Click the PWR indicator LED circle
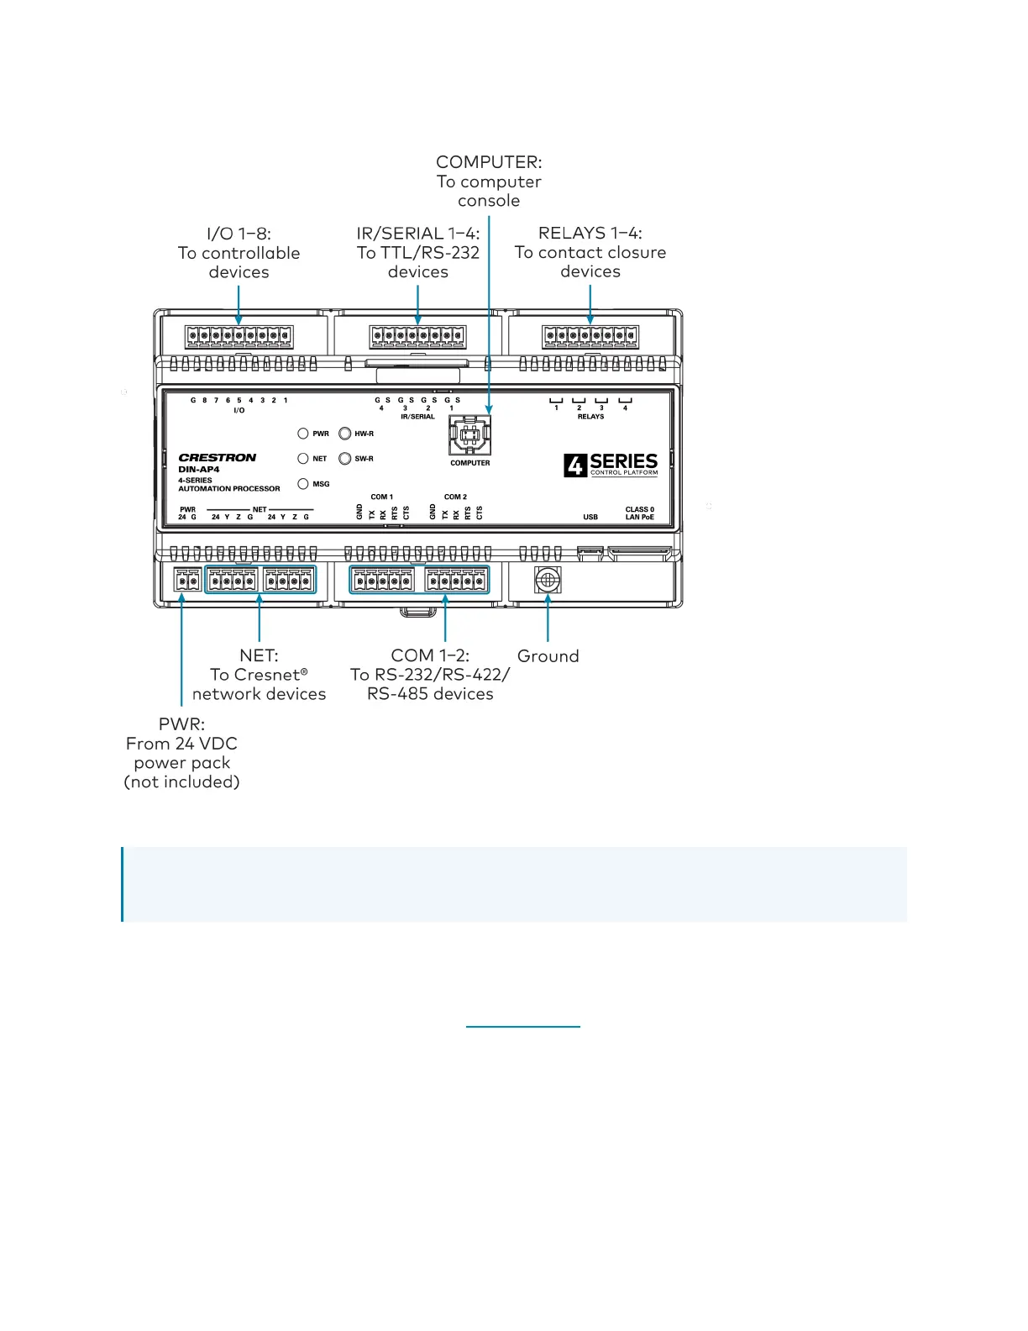[x=303, y=434]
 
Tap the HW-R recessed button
[x=344, y=434]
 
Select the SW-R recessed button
[x=344, y=459]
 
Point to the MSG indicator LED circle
[x=303, y=484]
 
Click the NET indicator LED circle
[x=303, y=459]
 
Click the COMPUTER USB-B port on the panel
[x=470, y=434]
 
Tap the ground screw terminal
[x=548, y=579]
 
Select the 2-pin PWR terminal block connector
[x=187, y=580]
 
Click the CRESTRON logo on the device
[x=218, y=458]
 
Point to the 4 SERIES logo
[x=611, y=465]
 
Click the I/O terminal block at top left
[x=239, y=337]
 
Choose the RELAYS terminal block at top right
[x=590, y=337]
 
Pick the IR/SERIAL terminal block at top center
[x=417, y=337]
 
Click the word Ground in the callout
[x=548, y=656]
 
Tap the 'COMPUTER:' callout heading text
[x=489, y=162]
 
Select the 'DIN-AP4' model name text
[x=199, y=470]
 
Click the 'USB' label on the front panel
[x=590, y=517]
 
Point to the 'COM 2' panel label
[x=455, y=497]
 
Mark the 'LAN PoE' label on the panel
[x=639, y=517]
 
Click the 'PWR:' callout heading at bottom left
[x=181, y=724]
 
